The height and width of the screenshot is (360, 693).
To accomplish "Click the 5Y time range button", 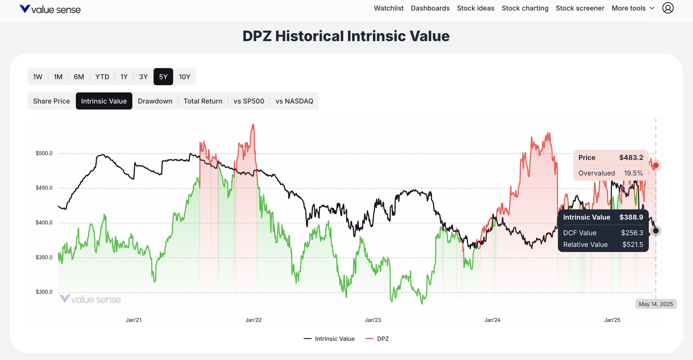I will (163, 77).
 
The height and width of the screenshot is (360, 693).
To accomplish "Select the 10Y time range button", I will (184, 77).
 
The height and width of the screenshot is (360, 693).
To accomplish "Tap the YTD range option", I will (102, 77).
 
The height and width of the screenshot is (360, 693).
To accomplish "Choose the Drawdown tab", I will (155, 101).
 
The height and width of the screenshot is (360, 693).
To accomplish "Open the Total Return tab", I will (203, 101).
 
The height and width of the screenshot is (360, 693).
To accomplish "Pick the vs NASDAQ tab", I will (294, 101).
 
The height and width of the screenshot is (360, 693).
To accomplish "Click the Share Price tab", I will (51, 101).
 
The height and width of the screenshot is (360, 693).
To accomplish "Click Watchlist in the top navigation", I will (388, 8).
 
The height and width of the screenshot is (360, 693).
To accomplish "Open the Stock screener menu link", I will (580, 8).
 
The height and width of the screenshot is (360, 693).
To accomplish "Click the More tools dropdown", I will (633, 8).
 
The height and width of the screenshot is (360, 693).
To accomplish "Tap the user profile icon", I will (668, 8).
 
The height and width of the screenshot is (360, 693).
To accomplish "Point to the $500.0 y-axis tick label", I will (44, 153).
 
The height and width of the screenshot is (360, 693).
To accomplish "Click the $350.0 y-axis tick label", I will (44, 257).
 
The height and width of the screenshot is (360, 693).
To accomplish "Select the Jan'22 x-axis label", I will (253, 320).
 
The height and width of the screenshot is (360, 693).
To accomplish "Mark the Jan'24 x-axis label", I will (492, 320).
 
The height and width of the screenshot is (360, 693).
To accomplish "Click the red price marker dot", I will (656, 165).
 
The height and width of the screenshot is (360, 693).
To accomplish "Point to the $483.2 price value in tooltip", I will (631, 158).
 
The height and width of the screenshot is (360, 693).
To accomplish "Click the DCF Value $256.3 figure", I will (632, 233).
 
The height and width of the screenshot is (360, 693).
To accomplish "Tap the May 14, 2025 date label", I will (656, 304).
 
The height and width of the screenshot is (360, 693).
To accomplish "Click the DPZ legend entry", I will (383, 339).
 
